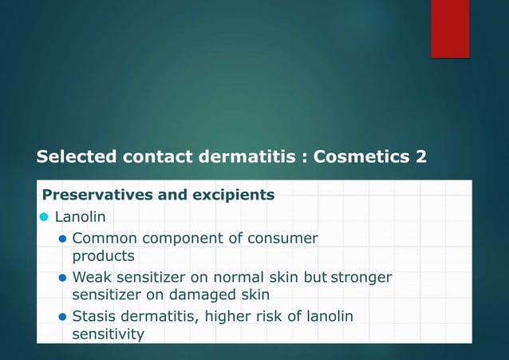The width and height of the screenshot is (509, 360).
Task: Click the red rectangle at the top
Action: [x=450, y=28]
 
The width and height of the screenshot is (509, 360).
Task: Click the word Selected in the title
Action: [x=76, y=156]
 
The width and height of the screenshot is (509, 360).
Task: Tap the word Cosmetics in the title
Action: [x=361, y=156]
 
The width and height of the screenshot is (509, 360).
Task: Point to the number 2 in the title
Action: [x=420, y=156]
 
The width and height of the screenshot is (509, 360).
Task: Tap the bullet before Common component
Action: [x=63, y=238]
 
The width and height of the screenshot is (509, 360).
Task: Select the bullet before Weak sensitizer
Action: [x=63, y=278]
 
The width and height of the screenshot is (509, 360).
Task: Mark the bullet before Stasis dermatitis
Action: [x=63, y=317]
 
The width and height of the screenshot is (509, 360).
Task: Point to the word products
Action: [x=104, y=256]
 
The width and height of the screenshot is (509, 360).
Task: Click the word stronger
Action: [x=361, y=278]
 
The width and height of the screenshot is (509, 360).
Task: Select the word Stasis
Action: [x=94, y=317]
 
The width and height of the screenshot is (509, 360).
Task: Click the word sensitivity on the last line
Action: [x=109, y=334]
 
